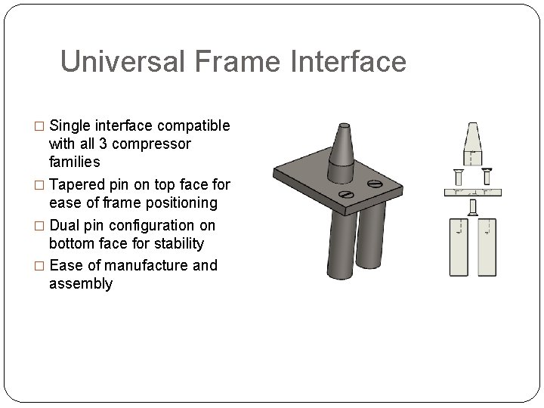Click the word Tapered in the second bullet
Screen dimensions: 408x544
(78, 185)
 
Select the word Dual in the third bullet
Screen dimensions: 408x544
(65, 225)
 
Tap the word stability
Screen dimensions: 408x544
(175, 243)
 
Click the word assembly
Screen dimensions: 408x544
(81, 283)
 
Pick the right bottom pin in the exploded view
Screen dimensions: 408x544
(487, 247)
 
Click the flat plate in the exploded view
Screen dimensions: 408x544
(474, 190)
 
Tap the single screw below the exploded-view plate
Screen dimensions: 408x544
(473, 206)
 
